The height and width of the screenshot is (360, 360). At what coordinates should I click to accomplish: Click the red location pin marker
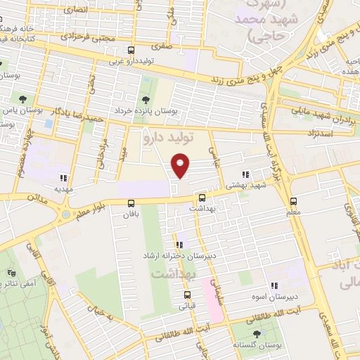pyautogui.click(x=181, y=165)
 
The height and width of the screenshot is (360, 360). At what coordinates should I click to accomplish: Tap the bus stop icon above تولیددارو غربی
pyautogui.click(x=131, y=50)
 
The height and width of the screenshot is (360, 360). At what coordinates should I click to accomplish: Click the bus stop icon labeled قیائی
pyautogui.click(x=183, y=296)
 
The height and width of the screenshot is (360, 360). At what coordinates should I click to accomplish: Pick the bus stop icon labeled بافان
pyautogui.click(x=131, y=203)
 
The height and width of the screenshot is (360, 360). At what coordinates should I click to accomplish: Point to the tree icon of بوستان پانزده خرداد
pyautogui.click(x=146, y=100)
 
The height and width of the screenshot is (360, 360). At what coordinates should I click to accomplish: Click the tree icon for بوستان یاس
pyautogui.click(x=23, y=99)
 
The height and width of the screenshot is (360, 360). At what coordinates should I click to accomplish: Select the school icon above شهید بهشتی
pyautogui.click(x=245, y=174)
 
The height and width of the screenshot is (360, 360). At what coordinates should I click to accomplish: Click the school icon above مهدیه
pyautogui.click(x=64, y=178)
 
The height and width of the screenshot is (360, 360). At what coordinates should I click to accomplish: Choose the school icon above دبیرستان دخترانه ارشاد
pyautogui.click(x=179, y=245)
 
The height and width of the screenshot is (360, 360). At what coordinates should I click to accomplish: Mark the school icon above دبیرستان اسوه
pyautogui.click(x=274, y=285)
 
